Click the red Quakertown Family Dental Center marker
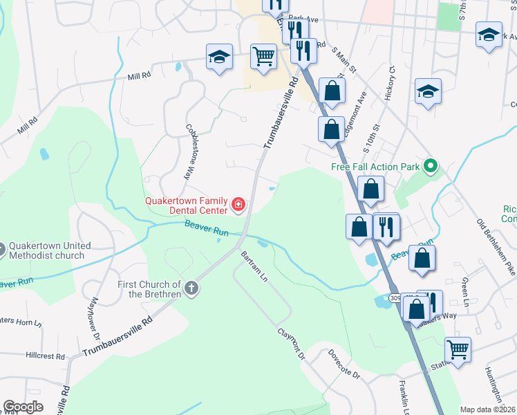coord(238,204)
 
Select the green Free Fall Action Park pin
coord(431,166)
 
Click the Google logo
coord(23,407)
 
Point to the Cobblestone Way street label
coord(188,152)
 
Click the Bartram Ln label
coord(254,266)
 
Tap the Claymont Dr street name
coord(292,343)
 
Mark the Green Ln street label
coord(467,294)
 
